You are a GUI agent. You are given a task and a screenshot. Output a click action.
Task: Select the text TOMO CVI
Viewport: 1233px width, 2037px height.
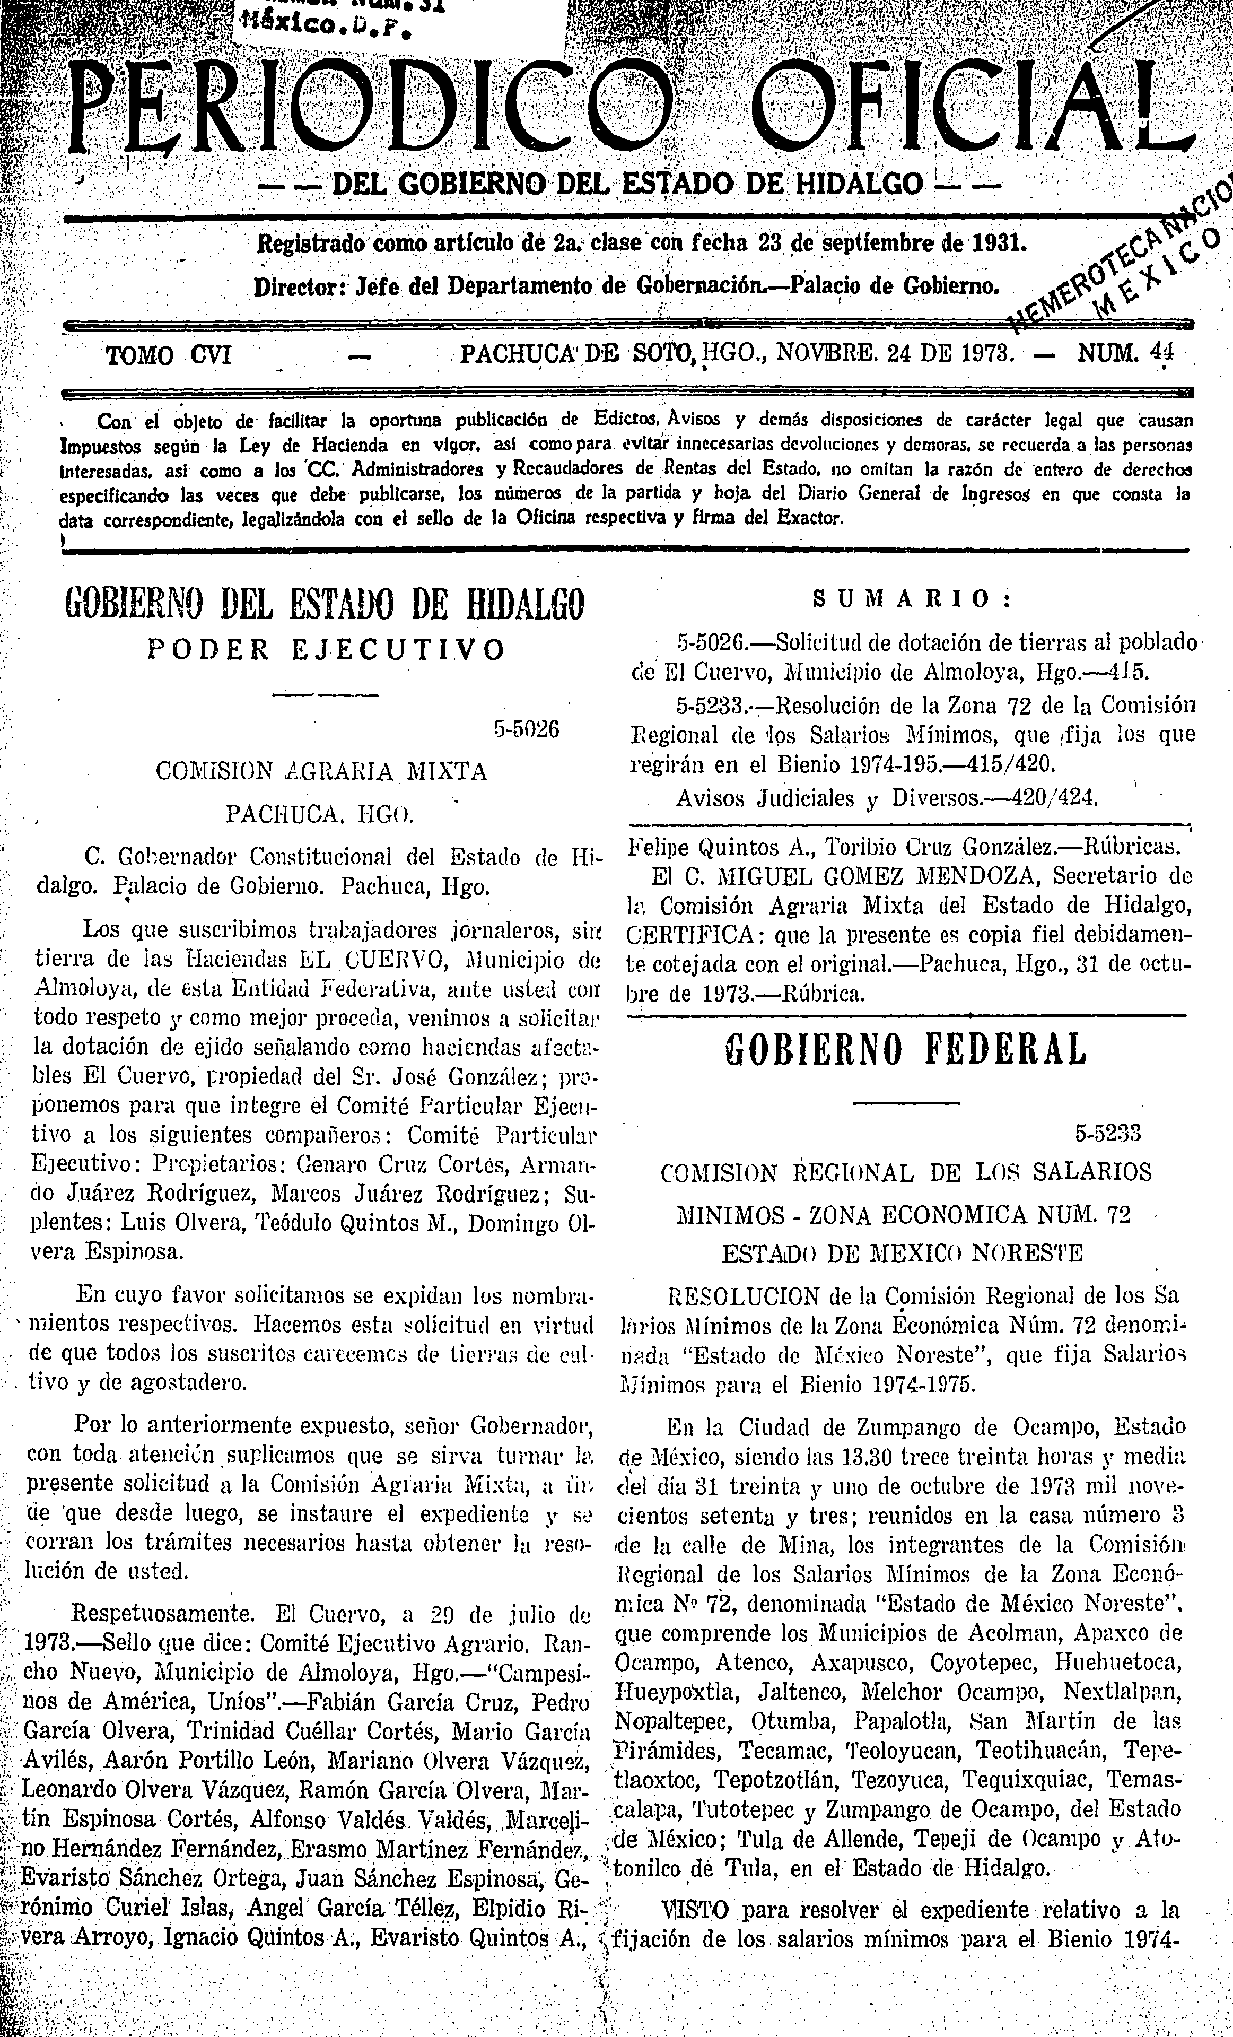click(169, 355)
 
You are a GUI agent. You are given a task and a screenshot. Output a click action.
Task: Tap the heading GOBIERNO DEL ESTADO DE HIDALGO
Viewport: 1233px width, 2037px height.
click(324, 604)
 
